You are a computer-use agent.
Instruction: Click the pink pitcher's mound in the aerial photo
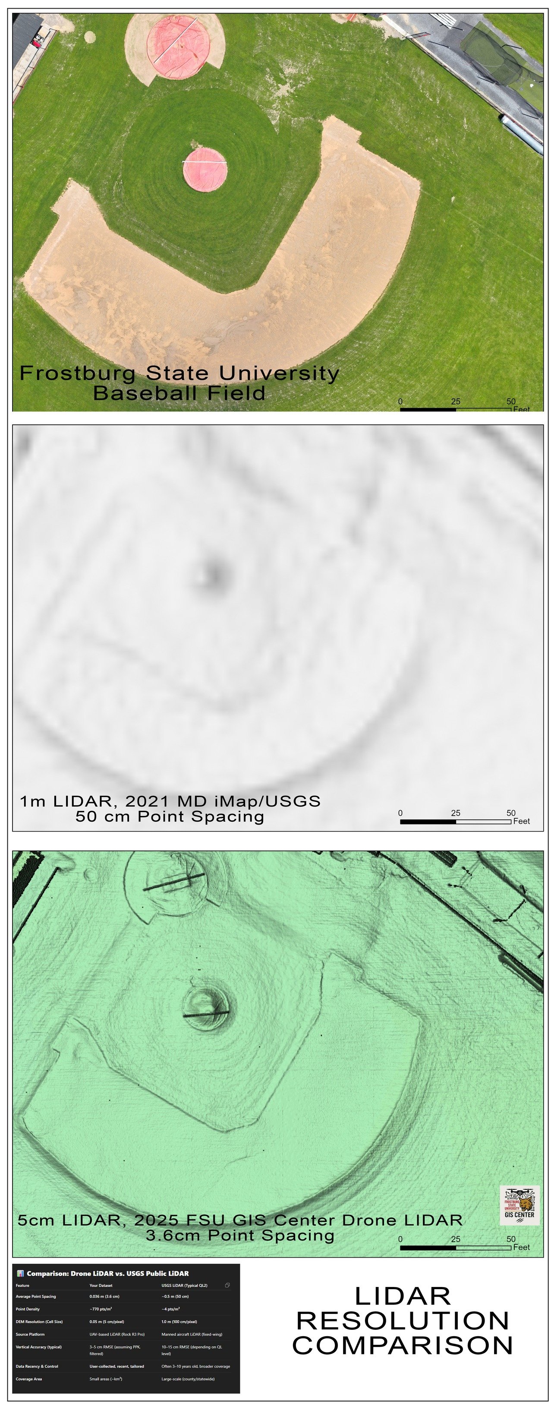pyautogui.click(x=205, y=169)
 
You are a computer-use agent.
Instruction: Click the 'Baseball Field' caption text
pyautogui.click(x=179, y=393)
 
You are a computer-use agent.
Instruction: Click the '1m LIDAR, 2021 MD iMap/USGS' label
pyautogui.click(x=170, y=801)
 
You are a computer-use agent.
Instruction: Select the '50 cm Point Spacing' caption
pyautogui.click(x=170, y=816)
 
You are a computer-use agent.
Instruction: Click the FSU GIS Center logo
pyautogui.click(x=519, y=1206)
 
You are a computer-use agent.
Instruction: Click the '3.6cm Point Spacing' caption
pyautogui.click(x=240, y=1236)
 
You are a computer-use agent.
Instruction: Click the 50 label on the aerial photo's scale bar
pyautogui.click(x=511, y=402)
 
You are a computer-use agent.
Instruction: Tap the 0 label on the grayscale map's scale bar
pyautogui.click(x=400, y=813)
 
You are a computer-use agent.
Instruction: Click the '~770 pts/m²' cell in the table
pyautogui.click(x=101, y=1309)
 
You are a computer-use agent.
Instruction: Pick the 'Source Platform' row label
pyautogui.click(x=30, y=1335)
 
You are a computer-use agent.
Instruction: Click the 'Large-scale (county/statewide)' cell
pyautogui.click(x=188, y=1379)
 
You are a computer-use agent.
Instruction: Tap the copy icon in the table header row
pyautogui.click(x=227, y=1285)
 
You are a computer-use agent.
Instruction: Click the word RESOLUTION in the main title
pyautogui.click(x=403, y=1321)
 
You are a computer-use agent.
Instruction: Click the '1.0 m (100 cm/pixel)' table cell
pyautogui.click(x=179, y=1322)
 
